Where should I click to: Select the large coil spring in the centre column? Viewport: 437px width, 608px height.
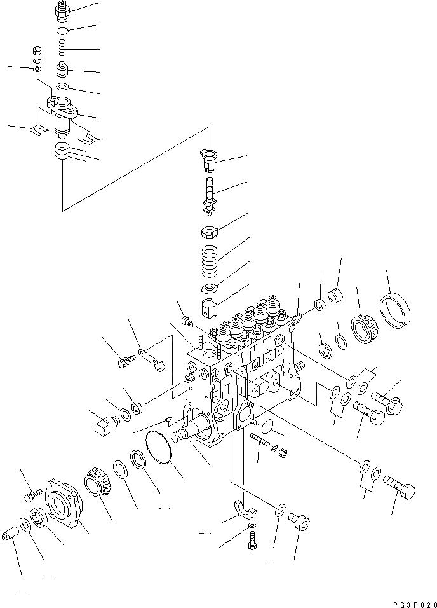[210, 261]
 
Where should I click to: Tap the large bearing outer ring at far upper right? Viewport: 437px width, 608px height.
[395, 312]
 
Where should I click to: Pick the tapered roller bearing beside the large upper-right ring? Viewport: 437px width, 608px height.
[365, 326]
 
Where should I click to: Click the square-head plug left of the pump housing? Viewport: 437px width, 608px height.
[102, 424]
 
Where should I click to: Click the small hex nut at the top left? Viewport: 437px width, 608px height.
[36, 50]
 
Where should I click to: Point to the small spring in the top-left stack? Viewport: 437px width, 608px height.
[62, 48]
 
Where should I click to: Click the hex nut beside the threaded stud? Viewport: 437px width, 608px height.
[284, 453]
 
